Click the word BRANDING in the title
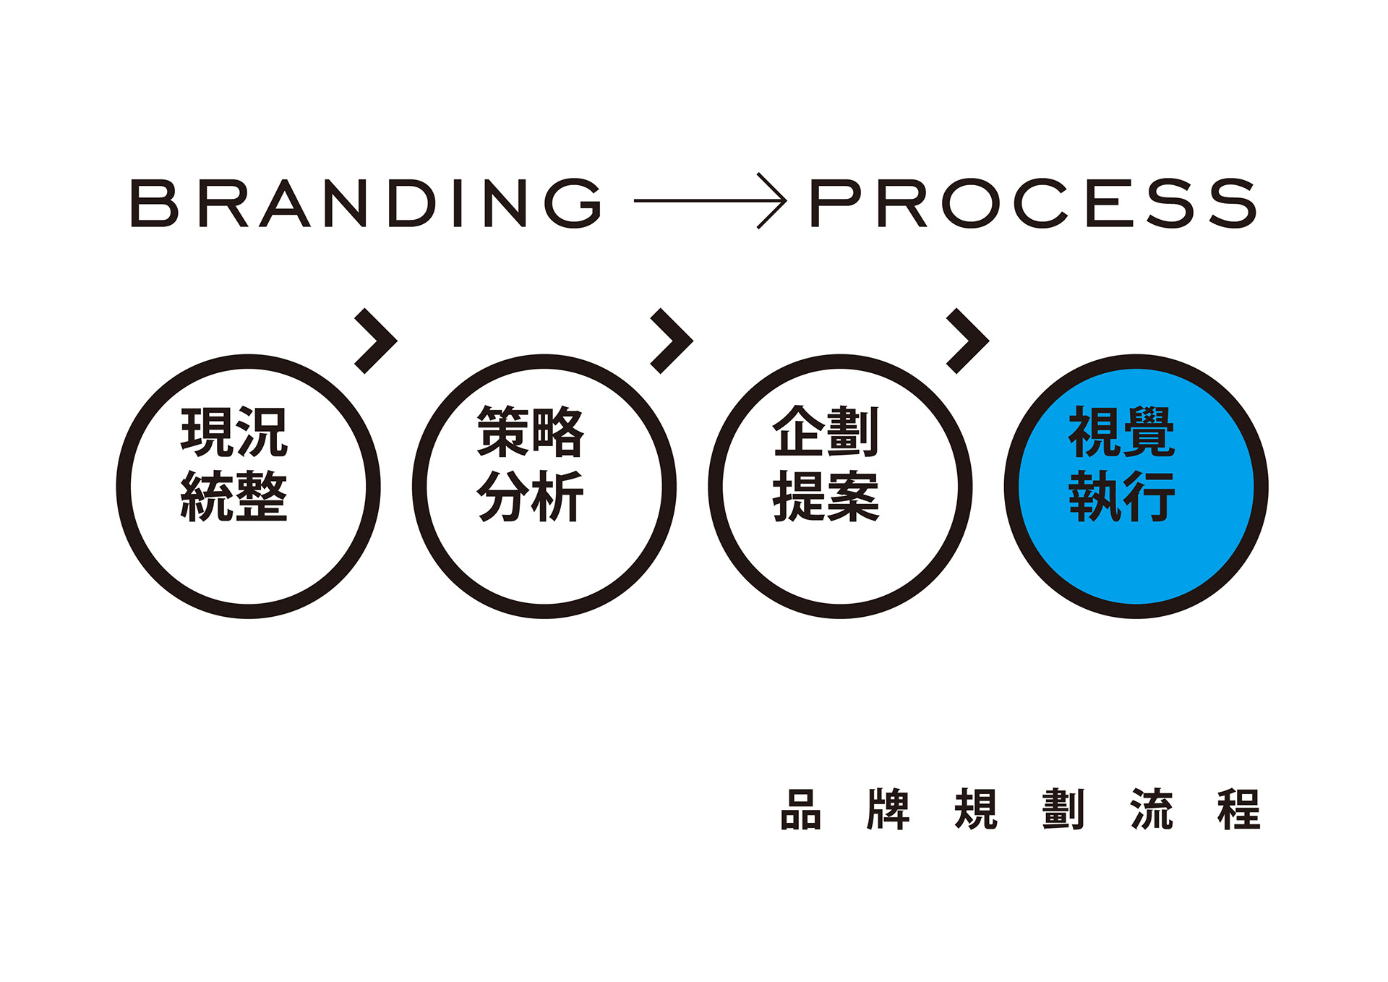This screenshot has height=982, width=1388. coord(366,203)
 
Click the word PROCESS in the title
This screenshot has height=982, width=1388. coord(1033,203)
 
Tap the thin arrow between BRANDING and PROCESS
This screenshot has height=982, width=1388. coord(710,201)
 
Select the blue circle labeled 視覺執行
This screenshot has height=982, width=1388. coord(1136,564)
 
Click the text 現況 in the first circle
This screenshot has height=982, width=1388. coord(234,432)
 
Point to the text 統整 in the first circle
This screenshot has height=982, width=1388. coord(234,496)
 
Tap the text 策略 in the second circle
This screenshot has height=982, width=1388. coord(530,432)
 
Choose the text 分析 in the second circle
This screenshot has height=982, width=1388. coord(530,496)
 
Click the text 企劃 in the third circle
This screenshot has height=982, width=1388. coord(826,432)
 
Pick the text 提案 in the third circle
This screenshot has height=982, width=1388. coord(826,496)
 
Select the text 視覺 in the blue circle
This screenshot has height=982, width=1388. coord(1122,432)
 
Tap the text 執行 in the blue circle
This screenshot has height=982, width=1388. coord(1122,496)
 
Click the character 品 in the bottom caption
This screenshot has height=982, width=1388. coord(801,810)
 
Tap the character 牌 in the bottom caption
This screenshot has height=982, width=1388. coord(888,810)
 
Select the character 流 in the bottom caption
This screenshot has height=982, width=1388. coord(1152,810)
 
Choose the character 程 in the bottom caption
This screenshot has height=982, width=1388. coord(1239,810)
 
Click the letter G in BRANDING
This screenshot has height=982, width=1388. coord(573,203)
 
